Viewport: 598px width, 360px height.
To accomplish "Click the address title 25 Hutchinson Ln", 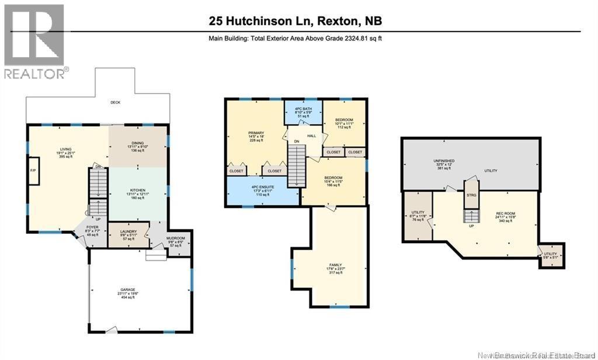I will tap(295, 21).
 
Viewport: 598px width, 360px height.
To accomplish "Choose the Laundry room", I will tap(128, 235).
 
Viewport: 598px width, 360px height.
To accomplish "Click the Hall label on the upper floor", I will tap(312, 136).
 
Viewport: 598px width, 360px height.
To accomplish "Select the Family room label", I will tap(335, 268).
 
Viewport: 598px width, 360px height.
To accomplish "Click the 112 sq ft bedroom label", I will tap(344, 123).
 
